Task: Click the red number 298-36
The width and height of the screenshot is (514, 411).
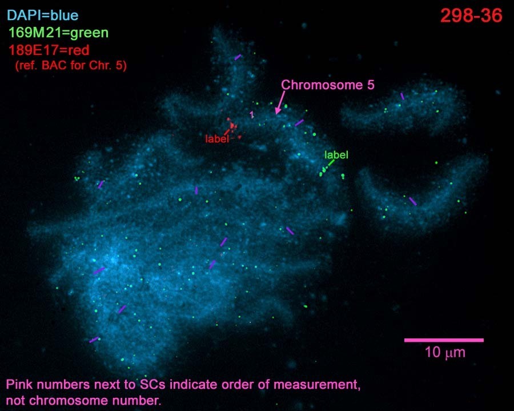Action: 471,16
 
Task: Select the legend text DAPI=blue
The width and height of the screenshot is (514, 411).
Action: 43,15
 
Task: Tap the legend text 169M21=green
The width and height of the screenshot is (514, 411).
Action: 58,33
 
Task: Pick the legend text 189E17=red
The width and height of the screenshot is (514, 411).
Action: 49,50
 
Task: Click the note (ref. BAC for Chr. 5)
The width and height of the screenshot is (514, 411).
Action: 71,65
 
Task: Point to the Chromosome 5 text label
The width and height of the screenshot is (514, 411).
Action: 327,85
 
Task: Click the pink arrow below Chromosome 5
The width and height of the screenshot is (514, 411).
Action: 280,102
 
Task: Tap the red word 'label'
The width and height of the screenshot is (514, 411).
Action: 216,139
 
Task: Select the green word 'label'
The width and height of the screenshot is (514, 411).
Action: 336,155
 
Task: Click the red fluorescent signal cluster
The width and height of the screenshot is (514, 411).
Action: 232,126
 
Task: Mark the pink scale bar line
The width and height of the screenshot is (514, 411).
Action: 444,340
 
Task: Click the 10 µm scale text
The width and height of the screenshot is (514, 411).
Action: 445,353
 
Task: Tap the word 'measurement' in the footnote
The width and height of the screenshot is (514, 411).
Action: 316,384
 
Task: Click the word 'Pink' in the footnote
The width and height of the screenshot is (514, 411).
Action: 19,384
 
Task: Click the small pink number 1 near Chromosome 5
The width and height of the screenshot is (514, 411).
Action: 252,114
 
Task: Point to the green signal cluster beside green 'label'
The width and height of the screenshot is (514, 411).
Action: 323,171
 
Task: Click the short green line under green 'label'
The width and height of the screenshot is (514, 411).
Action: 331,163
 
